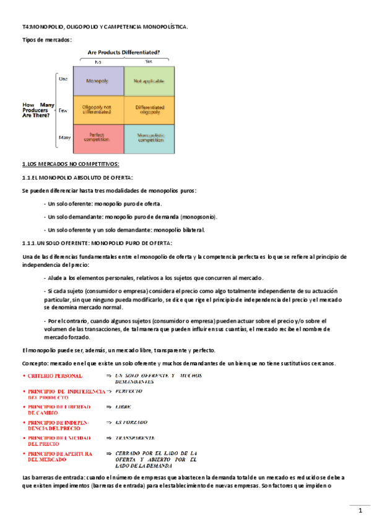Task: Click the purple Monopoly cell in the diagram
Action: click(98, 80)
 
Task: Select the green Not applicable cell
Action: click(149, 80)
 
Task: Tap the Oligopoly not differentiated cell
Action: click(98, 110)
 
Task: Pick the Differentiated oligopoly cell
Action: click(149, 110)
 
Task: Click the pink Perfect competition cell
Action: click(98, 139)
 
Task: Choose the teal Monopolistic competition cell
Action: click(149, 139)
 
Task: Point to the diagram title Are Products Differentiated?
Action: click(124, 53)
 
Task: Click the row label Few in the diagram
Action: click(63, 110)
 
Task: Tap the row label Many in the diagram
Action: click(63, 138)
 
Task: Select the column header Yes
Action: click(149, 62)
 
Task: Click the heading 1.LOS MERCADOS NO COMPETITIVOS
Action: click(70, 163)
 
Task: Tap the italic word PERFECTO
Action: click(129, 391)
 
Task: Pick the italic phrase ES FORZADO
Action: click(131, 422)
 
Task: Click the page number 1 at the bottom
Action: click(360, 511)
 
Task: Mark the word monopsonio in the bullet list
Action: click(198, 217)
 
